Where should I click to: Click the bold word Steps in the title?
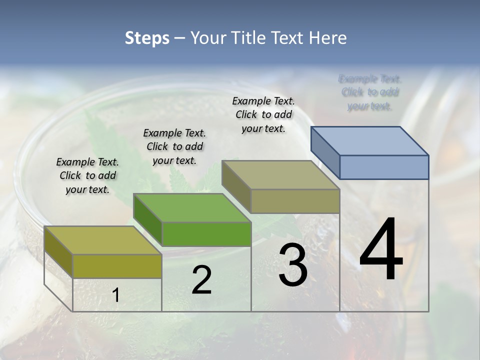pos(147,38)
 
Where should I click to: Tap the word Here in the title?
pos(327,38)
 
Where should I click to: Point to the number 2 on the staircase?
pos(201,280)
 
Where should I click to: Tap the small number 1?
pos(115,295)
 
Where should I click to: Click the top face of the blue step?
pos(370,141)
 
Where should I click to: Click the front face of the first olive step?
pos(117,266)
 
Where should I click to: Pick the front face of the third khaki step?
pos(295,201)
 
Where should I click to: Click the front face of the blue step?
pos(384,167)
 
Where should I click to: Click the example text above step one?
pos(87,175)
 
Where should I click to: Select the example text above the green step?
pos(174,146)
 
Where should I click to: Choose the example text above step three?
pos(263,114)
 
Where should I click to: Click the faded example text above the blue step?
pos(370,92)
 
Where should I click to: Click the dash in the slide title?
pos(179,38)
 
